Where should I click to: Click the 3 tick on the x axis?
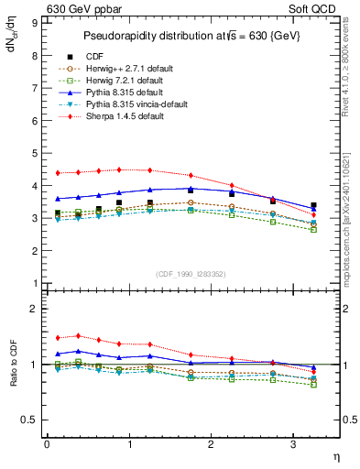pos(292,444)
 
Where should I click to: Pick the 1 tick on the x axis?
pos(128,444)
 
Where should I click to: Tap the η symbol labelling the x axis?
pos(334,455)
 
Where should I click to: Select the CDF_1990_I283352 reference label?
pos(191,273)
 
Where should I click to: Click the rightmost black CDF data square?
pos(313,205)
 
